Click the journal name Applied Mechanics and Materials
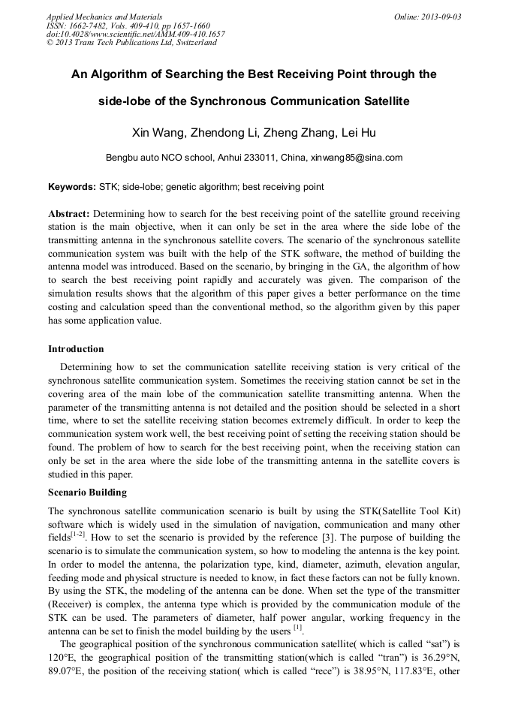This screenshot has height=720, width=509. [x=104, y=17]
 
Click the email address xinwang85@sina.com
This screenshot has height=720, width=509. [x=357, y=158]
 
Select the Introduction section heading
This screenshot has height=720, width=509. [x=76, y=349]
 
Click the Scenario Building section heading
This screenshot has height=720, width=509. [x=87, y=493]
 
